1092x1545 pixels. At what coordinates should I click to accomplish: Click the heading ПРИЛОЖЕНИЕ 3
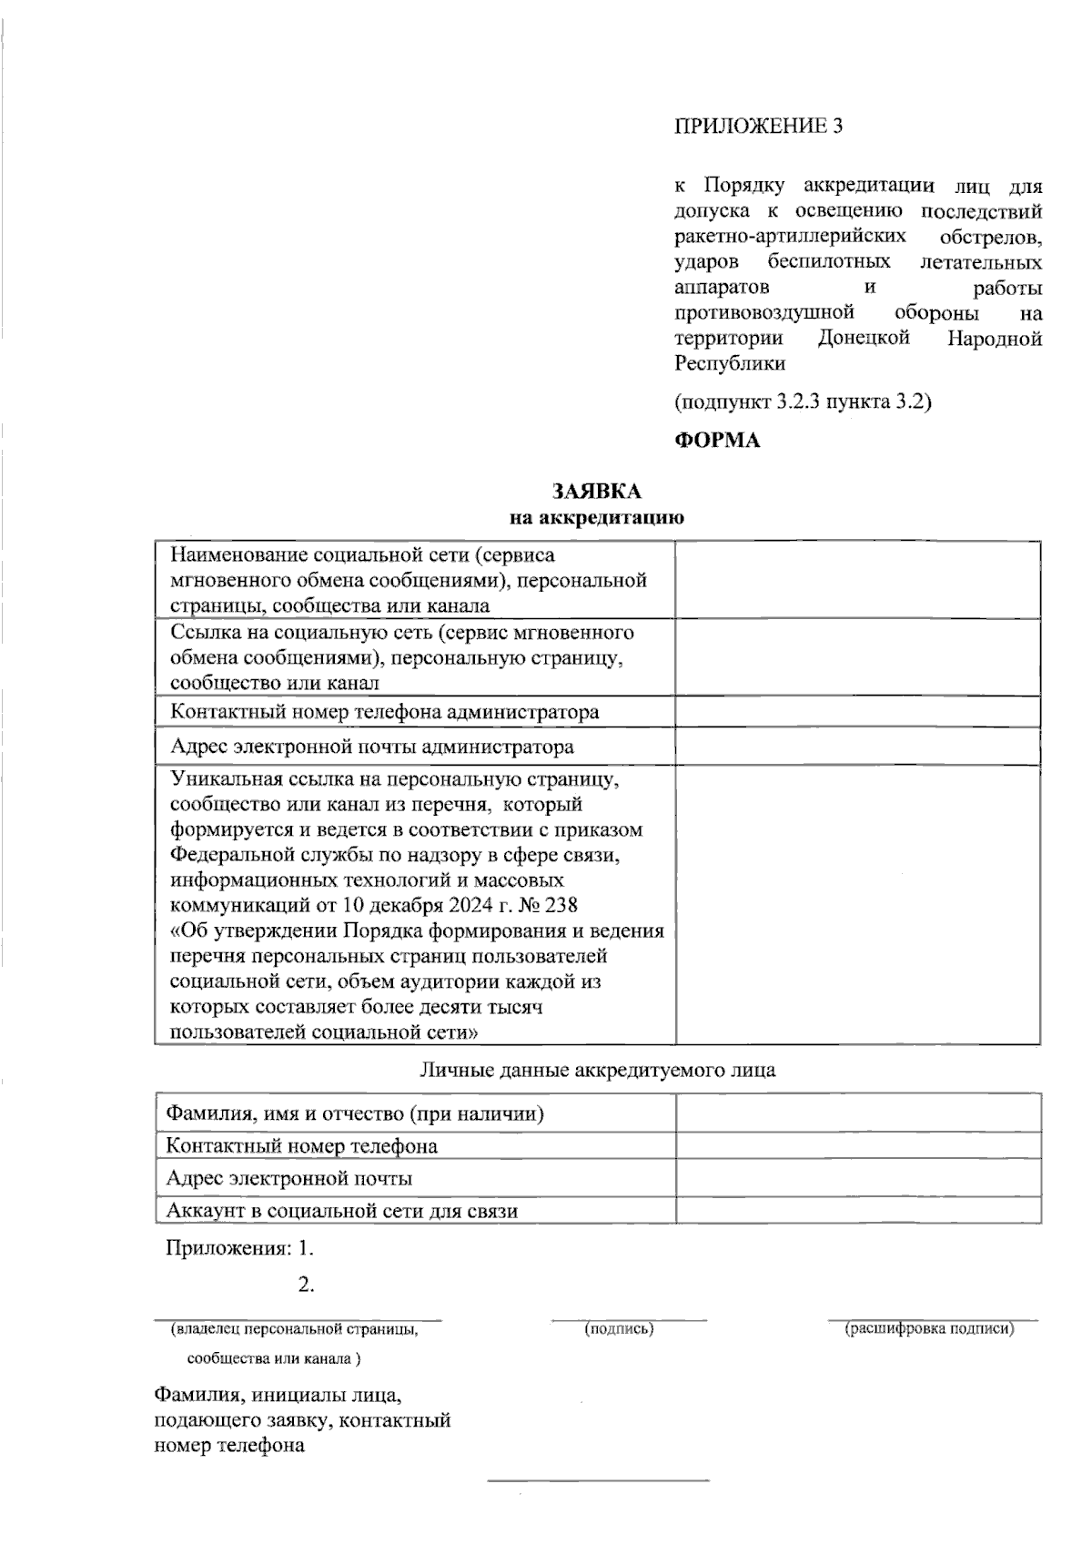point(758,127)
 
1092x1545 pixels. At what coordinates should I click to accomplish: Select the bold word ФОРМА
point(716,441)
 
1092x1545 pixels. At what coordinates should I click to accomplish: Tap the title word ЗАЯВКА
point(596,492)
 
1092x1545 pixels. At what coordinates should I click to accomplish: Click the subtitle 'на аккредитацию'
point(596,519)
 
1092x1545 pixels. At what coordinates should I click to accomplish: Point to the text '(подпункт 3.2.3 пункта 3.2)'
point(803,401)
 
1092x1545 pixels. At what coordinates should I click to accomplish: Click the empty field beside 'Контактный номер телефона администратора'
point(858,711)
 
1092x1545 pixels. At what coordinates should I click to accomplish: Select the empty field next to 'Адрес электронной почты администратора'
point(858,747)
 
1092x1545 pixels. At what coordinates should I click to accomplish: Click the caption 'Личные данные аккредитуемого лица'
point(597,1070)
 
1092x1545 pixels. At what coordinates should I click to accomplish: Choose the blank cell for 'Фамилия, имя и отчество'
point(858,1113)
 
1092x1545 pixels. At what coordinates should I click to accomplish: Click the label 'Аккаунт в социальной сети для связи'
point(342,1211)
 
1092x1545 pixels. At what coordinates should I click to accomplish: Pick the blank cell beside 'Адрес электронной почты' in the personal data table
point(858,1178)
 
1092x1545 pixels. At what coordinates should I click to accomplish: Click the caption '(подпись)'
point(619,1329)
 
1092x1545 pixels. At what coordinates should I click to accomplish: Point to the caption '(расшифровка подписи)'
point(929,1329)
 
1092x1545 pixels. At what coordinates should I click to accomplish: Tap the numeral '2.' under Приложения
point(306,1286)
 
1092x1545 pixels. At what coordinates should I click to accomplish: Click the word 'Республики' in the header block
point(730,364)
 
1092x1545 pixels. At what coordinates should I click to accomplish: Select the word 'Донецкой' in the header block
point(864,339)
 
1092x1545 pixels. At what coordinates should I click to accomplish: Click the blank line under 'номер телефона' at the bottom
point(598,1480)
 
